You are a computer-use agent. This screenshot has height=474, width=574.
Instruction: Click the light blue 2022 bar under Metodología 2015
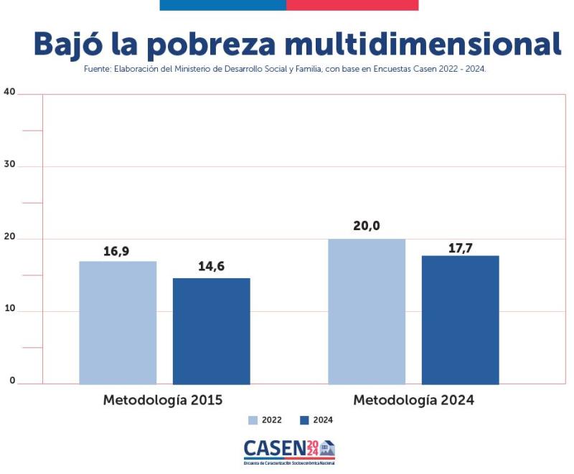[118, 323]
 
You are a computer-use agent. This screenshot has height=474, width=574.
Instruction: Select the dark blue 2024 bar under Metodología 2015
[212, 331]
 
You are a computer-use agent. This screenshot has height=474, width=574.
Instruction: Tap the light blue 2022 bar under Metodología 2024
[367, 311]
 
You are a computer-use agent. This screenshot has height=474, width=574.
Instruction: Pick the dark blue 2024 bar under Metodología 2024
[460, 320]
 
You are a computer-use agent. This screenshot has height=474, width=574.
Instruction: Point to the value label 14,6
[212, 267]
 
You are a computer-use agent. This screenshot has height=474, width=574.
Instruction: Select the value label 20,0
[367, 227]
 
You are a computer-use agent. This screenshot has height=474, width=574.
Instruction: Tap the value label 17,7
[460, 244]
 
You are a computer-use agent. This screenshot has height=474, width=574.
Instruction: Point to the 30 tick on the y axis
[9, 165]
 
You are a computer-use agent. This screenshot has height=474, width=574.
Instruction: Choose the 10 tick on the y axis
[9, 310]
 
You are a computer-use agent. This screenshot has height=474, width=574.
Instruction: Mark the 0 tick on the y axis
[11, 381]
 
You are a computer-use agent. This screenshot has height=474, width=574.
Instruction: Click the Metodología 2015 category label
[163, 399]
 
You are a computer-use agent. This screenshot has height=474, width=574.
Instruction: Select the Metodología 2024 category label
[413, 399]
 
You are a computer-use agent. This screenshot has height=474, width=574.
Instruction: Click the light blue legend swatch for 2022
[253, 420]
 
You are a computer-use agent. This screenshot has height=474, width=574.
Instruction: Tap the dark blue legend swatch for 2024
[304, 420]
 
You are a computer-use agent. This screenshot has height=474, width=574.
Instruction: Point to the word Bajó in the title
[70, 44]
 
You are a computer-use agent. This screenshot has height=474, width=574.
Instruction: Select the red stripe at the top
[352, 5]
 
